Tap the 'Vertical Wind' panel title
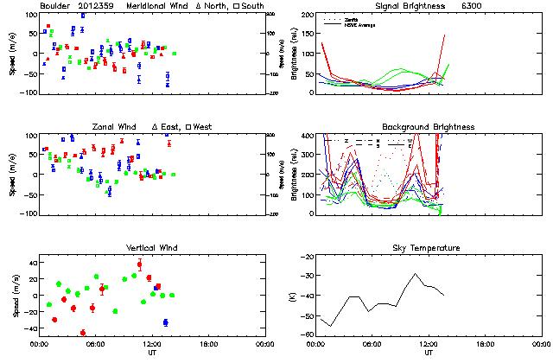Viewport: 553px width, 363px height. click(x=149, y=249)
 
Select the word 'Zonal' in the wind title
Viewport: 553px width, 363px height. click(x=103, y=127)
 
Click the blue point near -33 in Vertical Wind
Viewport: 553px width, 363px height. click(x=165, y=322)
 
